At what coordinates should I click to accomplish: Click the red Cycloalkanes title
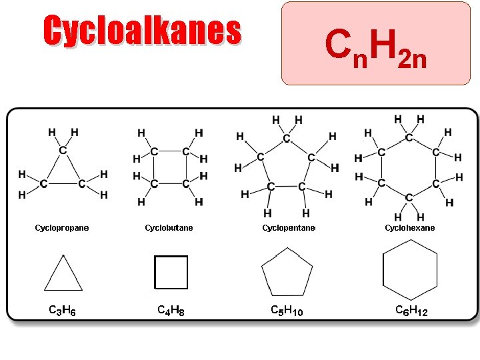(141, 31)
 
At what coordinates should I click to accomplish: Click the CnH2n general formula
(375, 47)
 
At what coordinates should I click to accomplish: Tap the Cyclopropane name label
(62, 228)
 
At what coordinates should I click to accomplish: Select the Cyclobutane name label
(169, 228)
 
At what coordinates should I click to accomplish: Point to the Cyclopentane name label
(289, 228)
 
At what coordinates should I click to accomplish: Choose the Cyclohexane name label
(409, 228)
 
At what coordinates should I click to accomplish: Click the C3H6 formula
(62, 310)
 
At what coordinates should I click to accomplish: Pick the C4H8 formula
(171, 310)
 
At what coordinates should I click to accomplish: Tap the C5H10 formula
(287, 310)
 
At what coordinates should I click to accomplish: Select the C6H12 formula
(411, 310)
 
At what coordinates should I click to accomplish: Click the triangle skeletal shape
(63, 274)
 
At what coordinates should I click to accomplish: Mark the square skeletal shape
(171, 272)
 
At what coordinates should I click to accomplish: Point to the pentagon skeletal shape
(287, 273)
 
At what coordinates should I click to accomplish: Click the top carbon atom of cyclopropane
(63, 151)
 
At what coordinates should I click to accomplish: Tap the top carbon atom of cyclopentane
(287, 139)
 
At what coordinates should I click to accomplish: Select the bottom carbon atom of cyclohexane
(409, 197)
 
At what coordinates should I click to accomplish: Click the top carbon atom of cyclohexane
(409, 138)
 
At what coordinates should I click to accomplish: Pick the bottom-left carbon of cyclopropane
(43, 183)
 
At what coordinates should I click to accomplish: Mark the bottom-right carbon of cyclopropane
(82, 183)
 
